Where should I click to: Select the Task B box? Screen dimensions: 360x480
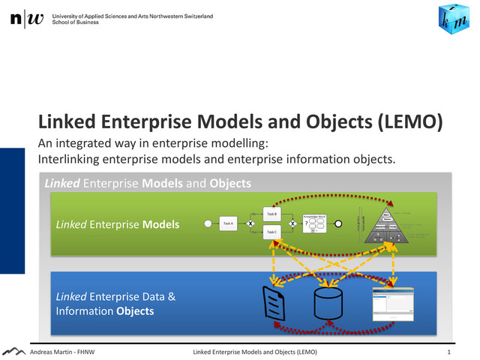(271, 214)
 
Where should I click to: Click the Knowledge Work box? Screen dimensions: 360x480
(313, 223)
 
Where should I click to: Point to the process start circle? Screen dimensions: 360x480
(207, 223)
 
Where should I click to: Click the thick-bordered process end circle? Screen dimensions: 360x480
(338, 223)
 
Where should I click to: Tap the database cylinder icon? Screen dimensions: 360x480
(328, 302)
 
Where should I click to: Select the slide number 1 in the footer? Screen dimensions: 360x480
(448, 351)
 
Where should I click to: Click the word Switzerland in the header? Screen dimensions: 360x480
(193, 16)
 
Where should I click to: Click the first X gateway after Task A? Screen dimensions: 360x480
(250, 223)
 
